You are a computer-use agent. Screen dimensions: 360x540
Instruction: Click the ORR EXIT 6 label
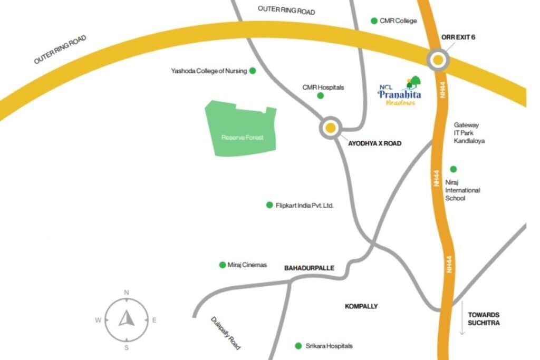coord(458,37)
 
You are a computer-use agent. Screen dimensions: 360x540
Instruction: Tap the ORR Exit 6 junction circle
coord(438,61)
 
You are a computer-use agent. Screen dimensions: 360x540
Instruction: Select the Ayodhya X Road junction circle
coord(331,128)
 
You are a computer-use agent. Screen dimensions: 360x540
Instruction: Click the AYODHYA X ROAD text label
coord(374,143)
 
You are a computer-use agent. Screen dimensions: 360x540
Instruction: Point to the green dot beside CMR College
coord(374,21)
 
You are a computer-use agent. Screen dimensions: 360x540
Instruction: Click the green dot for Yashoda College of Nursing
coord(253,71)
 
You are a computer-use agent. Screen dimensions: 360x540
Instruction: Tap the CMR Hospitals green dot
coord(320,95)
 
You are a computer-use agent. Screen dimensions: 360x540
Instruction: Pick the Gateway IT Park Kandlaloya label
coord(469,133)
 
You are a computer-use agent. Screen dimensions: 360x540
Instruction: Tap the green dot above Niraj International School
coord(453,169)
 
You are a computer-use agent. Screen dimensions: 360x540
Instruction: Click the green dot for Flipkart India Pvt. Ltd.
coord(269,205)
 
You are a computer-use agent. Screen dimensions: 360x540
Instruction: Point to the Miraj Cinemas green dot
coord(222,265)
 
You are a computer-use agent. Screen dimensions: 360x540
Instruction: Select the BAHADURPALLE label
coord(309,268)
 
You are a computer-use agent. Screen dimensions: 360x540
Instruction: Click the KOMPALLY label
coord(361,306)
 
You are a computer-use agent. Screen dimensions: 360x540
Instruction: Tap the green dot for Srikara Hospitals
coord(298,346)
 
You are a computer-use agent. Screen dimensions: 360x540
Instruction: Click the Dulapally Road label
coord(226,334)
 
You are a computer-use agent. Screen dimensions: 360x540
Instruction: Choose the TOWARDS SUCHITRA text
coord(483,318)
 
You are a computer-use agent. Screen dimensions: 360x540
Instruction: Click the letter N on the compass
coord(127,293)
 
